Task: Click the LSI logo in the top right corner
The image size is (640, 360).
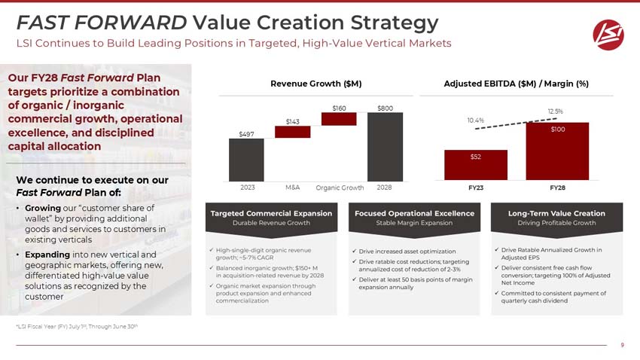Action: tap(608, 32)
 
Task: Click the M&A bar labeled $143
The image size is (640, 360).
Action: tap(292, 132)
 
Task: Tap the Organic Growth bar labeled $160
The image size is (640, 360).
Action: tap(339, 119)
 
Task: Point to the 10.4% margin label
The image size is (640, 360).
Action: tap(475, 120)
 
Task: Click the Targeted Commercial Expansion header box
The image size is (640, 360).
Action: tap(271, 218)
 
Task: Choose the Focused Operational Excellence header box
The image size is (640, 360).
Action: tap(413, 218)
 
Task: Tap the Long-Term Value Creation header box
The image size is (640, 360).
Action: tap(557, 218)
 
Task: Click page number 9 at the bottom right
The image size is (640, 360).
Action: tap(622, 346)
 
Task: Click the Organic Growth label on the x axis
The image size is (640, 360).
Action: tap(340, 188)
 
